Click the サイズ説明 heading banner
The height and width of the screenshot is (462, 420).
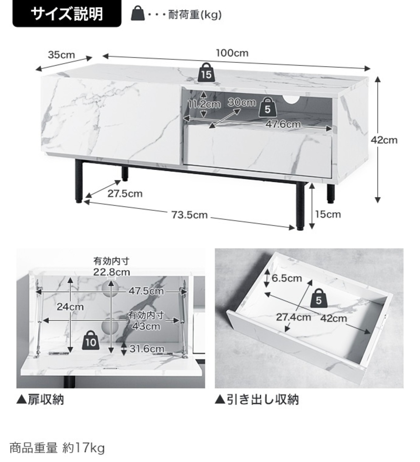point(67,14)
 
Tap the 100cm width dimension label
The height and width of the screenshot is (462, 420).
point(232,53)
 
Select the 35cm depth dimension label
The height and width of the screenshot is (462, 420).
point(61,54)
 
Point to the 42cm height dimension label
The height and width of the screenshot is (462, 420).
point(384,140)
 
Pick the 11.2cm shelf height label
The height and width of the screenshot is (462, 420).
point(204,104)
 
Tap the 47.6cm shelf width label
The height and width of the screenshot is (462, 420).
point(283,124)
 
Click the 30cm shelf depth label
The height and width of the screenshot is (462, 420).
point(242,102)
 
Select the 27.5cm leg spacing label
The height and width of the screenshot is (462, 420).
point(125,194)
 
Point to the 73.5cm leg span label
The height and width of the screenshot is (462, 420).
point(190,215)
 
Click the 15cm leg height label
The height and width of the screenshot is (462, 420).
point(328,214)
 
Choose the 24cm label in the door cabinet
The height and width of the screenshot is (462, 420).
point(70,307)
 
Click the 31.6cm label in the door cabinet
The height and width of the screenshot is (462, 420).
point(147,348)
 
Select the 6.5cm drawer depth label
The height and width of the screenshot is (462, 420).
point(287,278)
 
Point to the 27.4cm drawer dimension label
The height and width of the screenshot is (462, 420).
point(293,317)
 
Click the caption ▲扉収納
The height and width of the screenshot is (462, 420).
point(40,400)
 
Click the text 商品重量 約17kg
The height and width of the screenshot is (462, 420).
point(57,448)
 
